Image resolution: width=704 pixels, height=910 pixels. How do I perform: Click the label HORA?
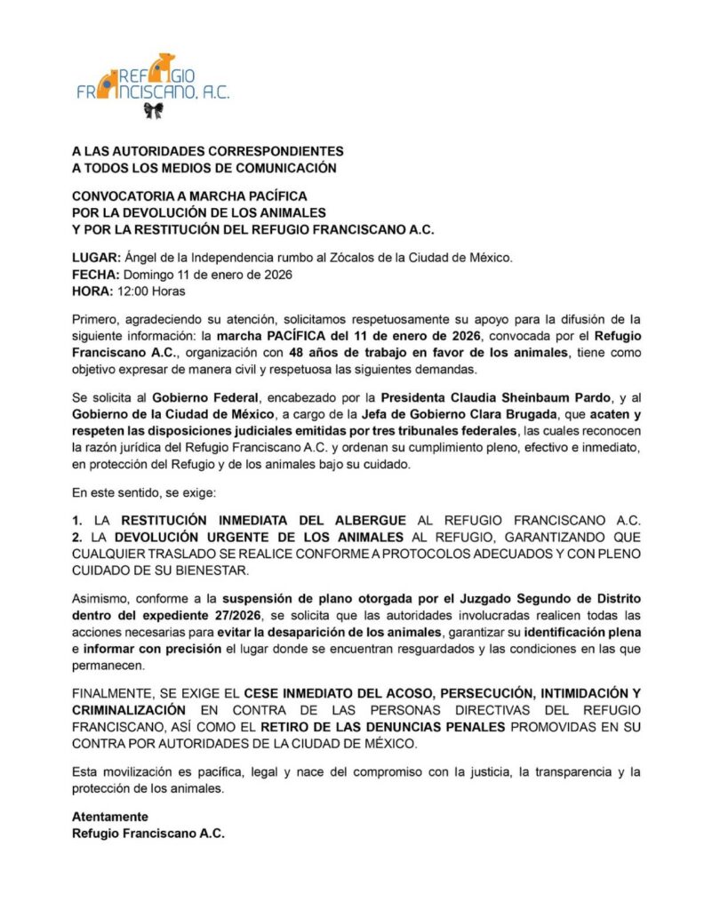[x=92, y=291]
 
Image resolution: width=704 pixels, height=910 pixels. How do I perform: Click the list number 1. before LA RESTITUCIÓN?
[x=77, y=519]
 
